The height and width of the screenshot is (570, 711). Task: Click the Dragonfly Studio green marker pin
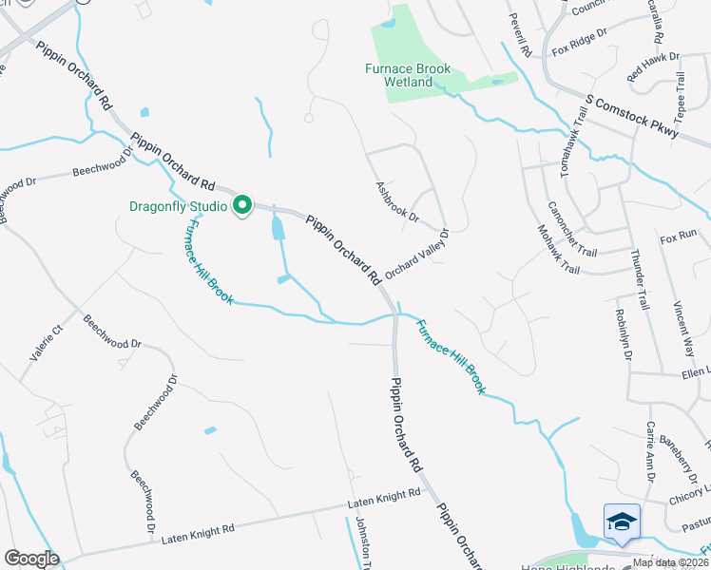242,205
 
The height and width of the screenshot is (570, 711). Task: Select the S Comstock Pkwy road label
632,117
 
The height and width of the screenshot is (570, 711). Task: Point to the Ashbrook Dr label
397,202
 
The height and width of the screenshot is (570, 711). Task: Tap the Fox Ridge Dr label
579,45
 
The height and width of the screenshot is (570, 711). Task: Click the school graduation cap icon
622,522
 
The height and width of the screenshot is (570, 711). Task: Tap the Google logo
31,559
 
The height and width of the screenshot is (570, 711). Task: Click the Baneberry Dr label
692,455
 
